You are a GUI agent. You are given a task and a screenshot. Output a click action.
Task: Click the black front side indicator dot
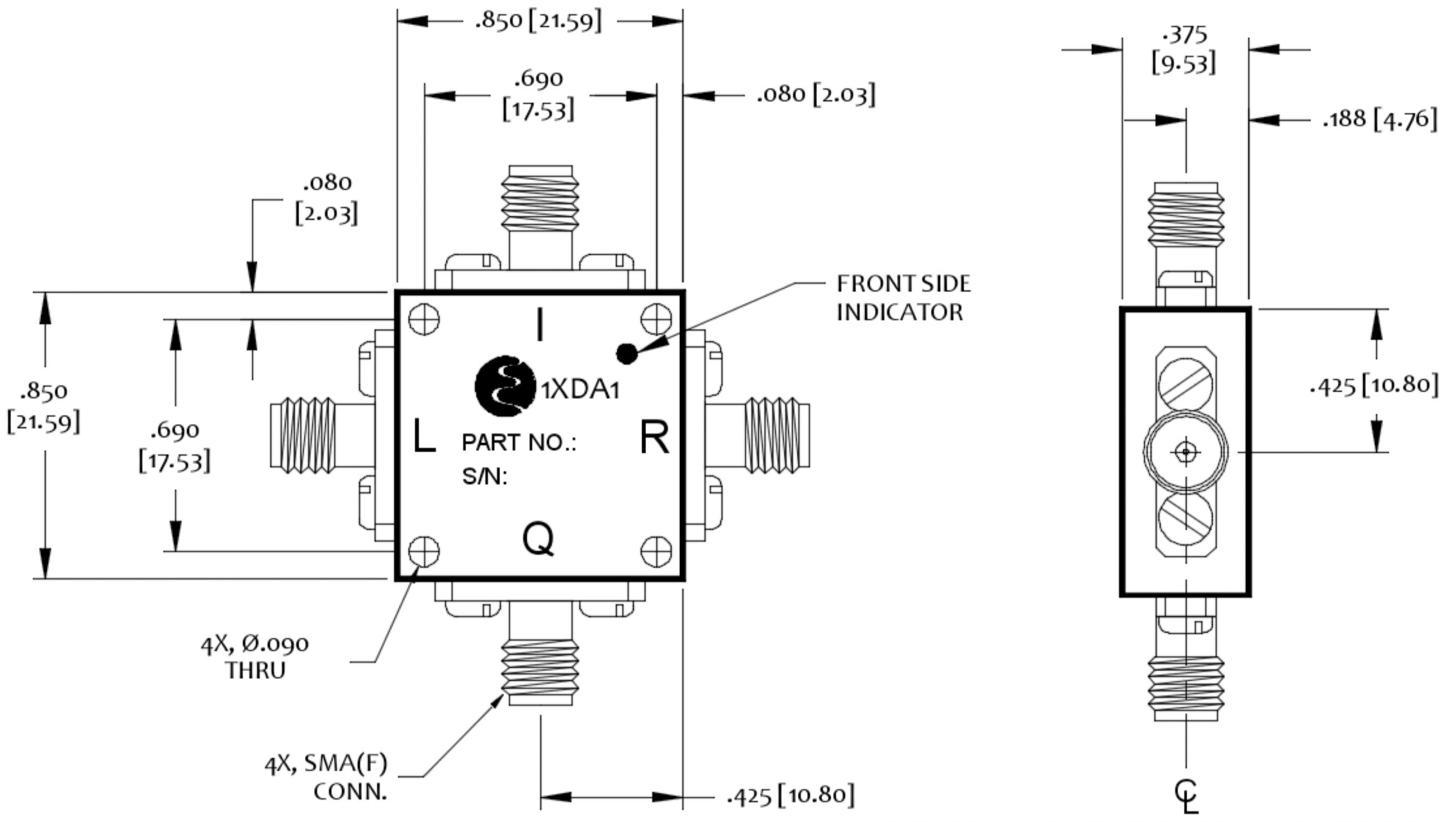(626, 354)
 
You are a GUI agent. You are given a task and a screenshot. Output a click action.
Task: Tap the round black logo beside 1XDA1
(505, 386)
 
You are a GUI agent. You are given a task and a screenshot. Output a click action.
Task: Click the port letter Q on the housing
(538, 540)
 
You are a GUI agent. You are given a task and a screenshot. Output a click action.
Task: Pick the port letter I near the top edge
(540, 325)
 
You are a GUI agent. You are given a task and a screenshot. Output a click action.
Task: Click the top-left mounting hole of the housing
(424, 320)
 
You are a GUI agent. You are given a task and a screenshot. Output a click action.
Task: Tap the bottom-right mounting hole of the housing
(656, 551)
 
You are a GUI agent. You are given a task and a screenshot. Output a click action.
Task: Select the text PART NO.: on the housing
(519, 443)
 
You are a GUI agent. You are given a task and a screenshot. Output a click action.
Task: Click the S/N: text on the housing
(485, 477)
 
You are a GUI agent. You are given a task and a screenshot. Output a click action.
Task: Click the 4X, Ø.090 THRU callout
(256, 657)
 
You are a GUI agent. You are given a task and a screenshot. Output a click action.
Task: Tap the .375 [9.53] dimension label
(1184, 50)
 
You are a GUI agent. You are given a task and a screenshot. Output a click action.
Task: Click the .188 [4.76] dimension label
(1380, 120)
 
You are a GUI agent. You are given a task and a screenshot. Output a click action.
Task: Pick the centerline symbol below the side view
(1186, 796)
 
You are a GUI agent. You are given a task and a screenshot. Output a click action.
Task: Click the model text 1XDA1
(580, 390)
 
